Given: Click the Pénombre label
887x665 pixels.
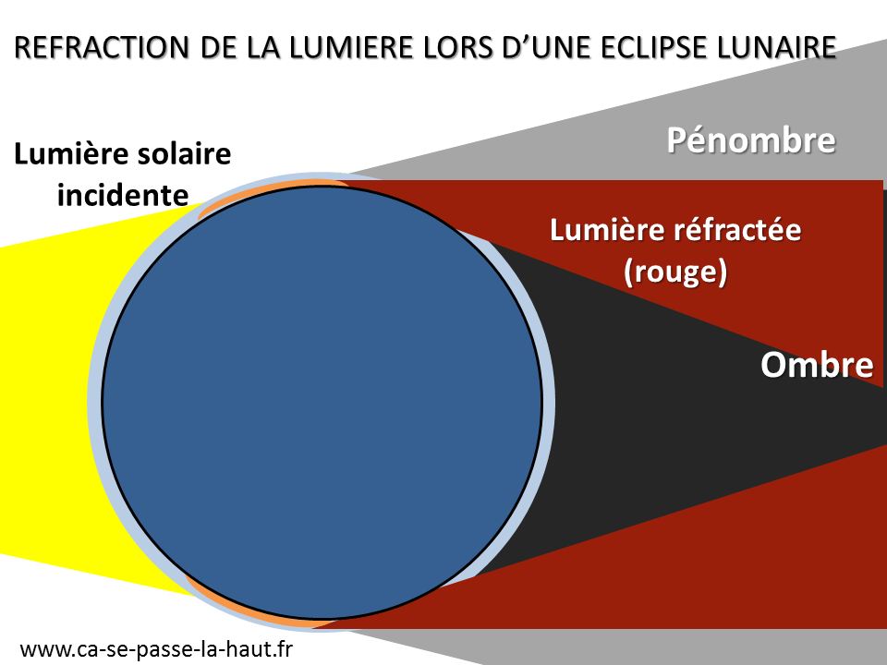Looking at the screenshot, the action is [750, 141].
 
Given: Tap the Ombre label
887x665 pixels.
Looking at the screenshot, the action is [816, 365].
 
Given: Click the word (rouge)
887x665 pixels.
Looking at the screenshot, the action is [674, 272].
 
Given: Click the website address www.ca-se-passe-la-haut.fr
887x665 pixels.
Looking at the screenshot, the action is [155, 649].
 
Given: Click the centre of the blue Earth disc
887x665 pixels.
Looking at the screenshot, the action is [322, 403].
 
